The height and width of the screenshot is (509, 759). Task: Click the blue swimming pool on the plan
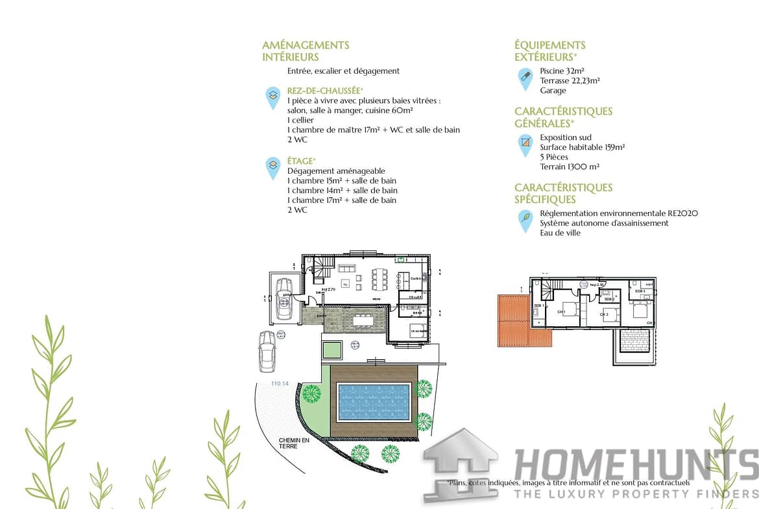[x=374, y=401]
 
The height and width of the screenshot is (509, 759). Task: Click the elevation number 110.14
[x=280, y=384]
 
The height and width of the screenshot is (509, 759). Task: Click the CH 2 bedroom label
[x=604, y=314]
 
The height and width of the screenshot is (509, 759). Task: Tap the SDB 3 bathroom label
[x=640, y=291]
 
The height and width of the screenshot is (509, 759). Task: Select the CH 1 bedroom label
[x=561, y=312]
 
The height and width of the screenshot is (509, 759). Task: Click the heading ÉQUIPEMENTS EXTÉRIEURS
[x=550, y=51]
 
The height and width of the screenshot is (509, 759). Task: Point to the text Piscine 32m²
[x=561, y=71]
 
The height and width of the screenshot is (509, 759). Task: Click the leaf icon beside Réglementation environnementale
[x=525, y=220]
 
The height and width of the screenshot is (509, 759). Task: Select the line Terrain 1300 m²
[x=570, y=167]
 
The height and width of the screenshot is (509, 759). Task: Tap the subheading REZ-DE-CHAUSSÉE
[x=325, y=91]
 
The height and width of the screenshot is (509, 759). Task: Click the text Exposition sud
[x=566, y=137]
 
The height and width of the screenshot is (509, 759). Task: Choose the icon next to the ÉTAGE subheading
[x=273, y=167]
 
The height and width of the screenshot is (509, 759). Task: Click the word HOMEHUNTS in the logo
[x=636, y=466]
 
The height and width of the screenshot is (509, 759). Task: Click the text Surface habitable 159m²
[x=582, y=147]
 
